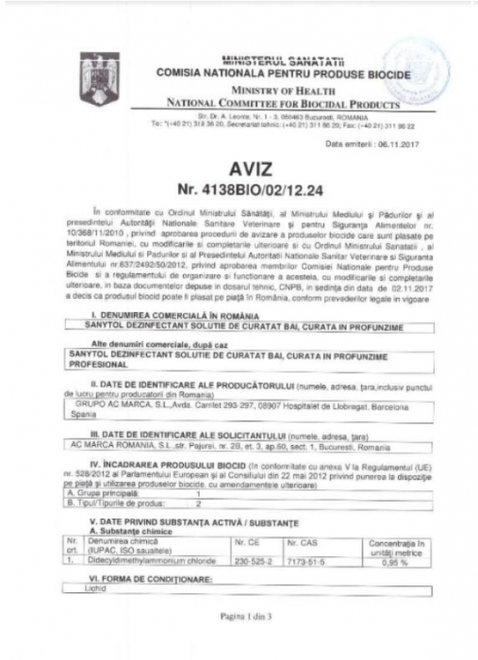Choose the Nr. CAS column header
coord(304,542)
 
